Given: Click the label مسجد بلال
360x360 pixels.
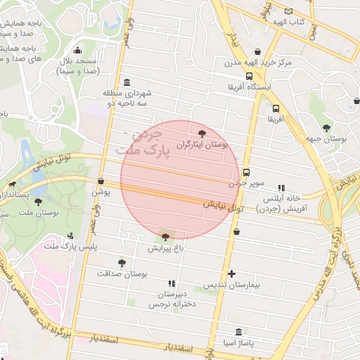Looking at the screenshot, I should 78,66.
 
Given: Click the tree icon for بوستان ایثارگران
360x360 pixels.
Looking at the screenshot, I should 202,133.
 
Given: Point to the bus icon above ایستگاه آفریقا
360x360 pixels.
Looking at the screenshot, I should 249,76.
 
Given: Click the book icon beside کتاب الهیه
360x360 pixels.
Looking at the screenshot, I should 288,11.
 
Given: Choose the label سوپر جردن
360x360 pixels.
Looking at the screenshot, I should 247,183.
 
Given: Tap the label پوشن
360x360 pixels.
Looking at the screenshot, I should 101,191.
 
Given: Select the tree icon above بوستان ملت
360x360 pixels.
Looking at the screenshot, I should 38,202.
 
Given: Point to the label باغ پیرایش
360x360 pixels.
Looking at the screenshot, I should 165,248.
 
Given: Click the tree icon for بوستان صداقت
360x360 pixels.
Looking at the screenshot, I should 122,263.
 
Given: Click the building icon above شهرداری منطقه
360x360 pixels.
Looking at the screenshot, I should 127,82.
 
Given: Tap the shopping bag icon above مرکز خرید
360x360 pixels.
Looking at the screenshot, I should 258,51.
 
